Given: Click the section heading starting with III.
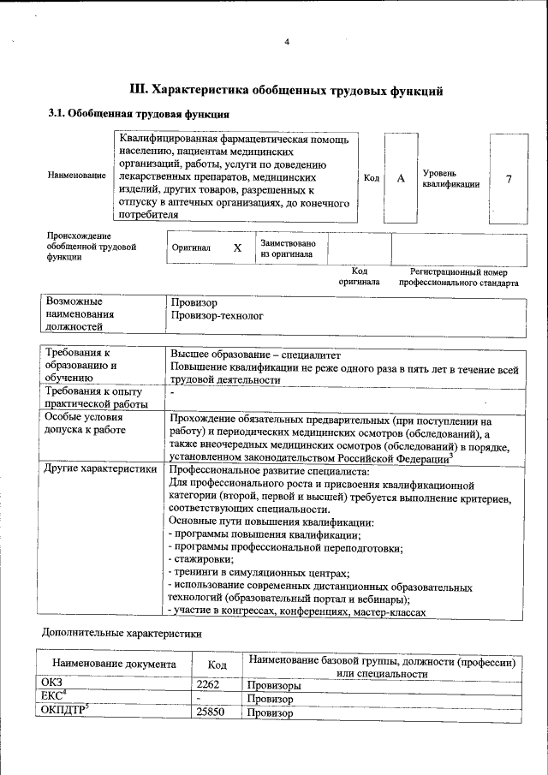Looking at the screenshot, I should (285, 89).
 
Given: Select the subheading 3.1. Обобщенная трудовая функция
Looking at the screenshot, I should (137, 113).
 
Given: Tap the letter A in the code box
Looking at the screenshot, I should (401, 178).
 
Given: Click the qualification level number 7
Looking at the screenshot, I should (509, 178).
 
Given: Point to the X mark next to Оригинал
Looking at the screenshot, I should (238, 247).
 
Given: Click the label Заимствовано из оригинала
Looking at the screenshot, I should (288, 247).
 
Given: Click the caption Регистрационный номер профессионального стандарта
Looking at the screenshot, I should (452, 276).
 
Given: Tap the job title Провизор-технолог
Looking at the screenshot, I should (216, 315).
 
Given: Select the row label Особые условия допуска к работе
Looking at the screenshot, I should (83, 424).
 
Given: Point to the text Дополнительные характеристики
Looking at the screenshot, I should (122, 634).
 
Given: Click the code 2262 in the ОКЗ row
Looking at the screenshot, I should (209, 685).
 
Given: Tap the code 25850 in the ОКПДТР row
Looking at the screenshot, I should (211, 712).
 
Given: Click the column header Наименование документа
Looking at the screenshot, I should (114, 664).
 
